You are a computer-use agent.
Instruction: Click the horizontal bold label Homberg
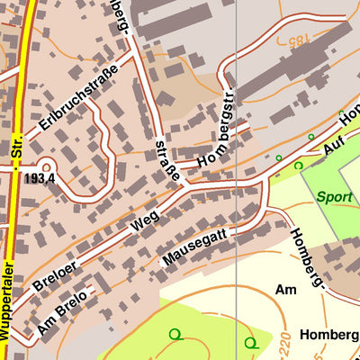tap(329, 334)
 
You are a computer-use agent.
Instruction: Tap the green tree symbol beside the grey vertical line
tap(250, 342)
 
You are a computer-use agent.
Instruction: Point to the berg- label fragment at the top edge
tap(121, 16)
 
